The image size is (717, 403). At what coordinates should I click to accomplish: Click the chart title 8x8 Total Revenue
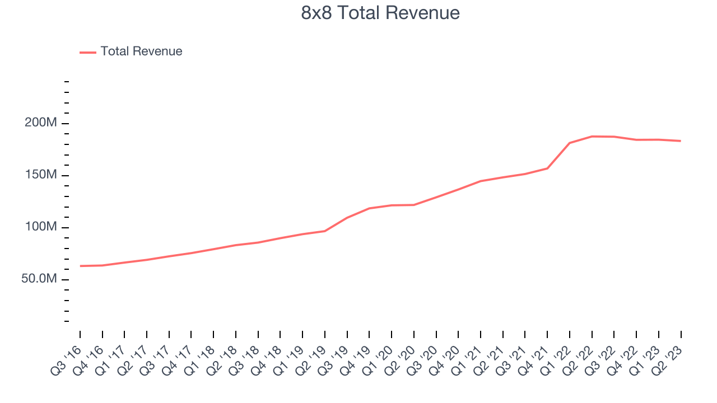380,13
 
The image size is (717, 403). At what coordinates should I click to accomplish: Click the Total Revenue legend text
141,51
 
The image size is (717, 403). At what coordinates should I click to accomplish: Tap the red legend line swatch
88,52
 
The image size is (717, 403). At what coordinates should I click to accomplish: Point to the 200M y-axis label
41,123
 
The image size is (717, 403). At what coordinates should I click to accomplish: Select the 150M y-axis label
41,175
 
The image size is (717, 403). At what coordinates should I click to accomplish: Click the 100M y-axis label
41,227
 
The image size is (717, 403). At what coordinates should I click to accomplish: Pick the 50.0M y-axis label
39,279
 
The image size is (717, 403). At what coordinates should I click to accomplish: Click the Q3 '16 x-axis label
66,362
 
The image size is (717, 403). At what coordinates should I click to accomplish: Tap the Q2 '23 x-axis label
667,362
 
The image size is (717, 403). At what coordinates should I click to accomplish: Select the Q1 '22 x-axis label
556,362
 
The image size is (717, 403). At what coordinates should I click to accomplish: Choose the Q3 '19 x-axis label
333,362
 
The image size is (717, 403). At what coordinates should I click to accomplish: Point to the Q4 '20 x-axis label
445,362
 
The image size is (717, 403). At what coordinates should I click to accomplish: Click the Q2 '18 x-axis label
222,362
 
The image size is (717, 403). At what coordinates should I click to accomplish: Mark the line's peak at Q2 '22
592,136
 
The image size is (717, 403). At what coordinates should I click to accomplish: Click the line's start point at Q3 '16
80,266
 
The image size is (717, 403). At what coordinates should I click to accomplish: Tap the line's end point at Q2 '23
681,141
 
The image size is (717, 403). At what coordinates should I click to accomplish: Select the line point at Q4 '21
547,168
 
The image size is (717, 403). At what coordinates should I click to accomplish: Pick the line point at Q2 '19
325,231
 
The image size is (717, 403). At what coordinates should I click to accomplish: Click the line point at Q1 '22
570,143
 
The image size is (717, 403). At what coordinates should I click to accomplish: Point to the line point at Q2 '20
414,205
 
